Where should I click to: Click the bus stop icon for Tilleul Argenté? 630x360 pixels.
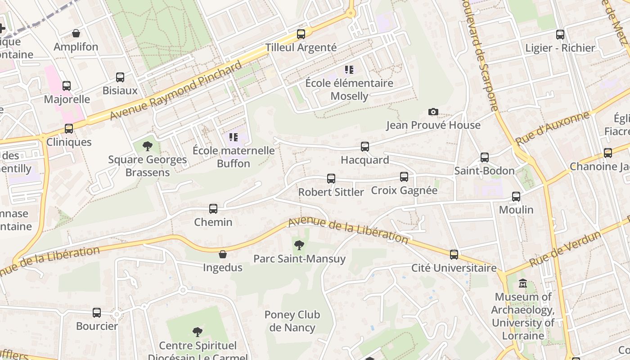301,34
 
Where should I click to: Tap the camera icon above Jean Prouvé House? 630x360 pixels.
433,112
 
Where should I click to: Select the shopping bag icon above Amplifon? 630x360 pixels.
76,33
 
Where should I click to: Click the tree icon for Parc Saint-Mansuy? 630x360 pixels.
299,245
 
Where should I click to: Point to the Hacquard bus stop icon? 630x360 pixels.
365,146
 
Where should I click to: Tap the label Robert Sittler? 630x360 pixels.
331,192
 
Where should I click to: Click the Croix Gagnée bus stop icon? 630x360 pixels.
404,177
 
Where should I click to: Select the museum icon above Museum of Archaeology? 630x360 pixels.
523,283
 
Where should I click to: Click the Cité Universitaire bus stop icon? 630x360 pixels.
454,255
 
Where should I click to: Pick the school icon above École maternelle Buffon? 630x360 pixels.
233,137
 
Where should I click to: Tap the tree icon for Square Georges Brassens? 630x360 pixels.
147,146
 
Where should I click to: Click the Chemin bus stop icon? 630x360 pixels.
213,209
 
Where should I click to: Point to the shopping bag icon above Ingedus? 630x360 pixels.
222,254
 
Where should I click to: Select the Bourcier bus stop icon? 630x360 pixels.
97,313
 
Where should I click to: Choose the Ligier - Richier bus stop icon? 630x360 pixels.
560,35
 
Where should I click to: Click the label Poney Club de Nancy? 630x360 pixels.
292,321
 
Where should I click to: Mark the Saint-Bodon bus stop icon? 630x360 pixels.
485,157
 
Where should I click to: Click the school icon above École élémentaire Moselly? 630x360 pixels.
349,70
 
